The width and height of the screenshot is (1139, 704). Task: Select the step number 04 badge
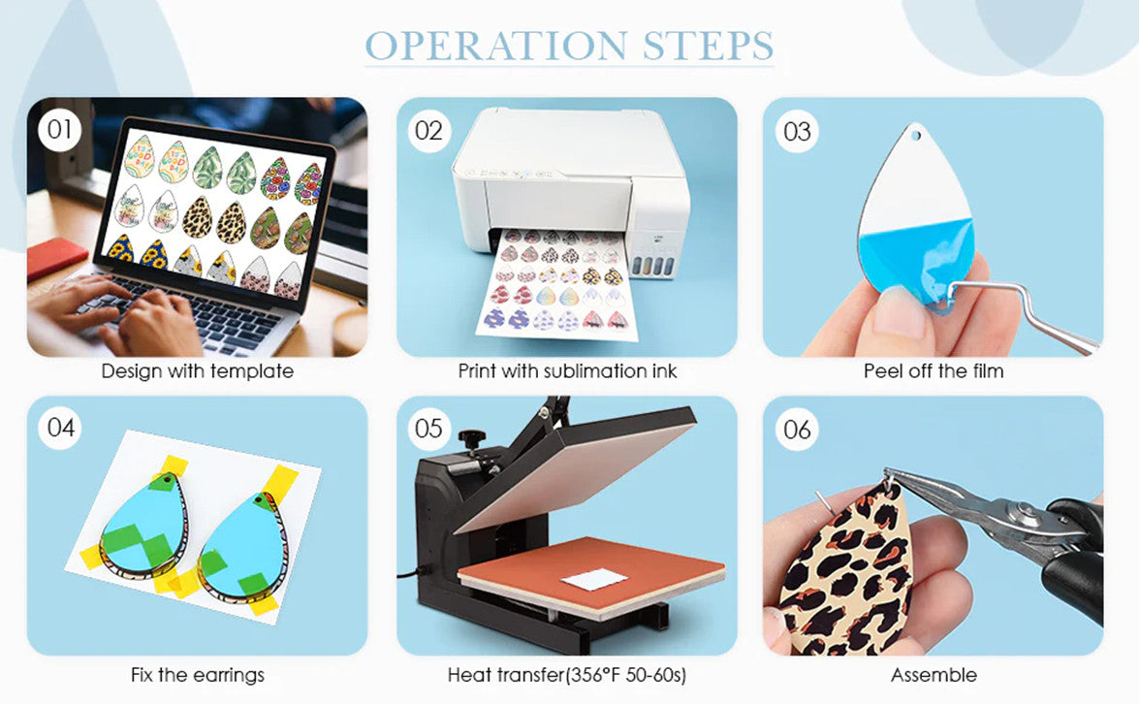[x=60, y=428]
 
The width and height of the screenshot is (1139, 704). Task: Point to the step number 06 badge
[x=797, y=430]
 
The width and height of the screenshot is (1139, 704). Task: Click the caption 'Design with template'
[x=198, y=371]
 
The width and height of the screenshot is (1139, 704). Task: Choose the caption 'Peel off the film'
[x=933, y=371]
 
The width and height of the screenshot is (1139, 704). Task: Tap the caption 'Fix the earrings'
[x=198, y=675]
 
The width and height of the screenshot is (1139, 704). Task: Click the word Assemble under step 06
[x=933, y=675]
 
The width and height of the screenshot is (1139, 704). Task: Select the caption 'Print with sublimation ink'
[x=567, y=371]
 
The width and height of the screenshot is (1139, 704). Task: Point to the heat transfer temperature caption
[x=567, y=675]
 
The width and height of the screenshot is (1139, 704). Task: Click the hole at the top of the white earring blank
[x=916, y=135]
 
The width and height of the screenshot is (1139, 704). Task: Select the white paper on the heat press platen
[x=594, y=578]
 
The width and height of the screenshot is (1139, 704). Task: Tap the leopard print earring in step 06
[x=846, y=570]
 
